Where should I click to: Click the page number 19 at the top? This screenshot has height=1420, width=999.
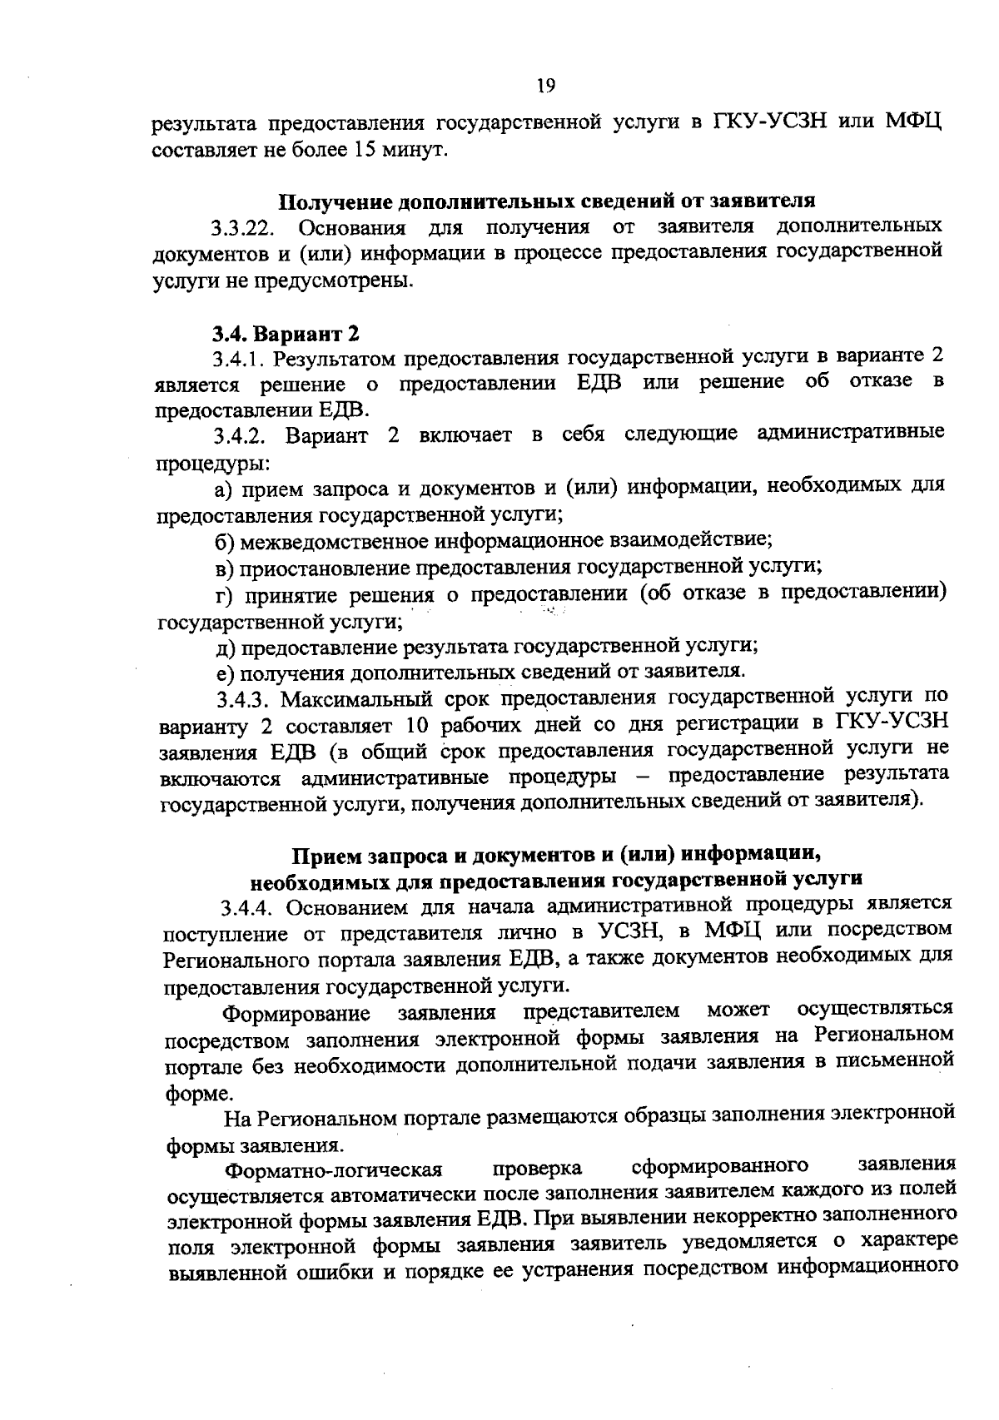pos(545,85)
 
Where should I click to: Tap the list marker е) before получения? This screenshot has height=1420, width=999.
pos(225,672)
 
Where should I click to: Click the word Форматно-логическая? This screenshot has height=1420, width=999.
pos(334,1170)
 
